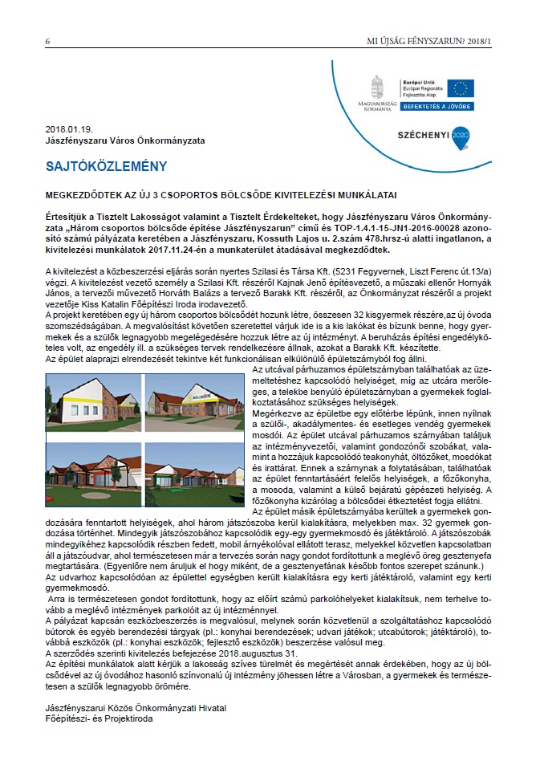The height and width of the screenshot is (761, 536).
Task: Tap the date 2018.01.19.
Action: tap(70, 128)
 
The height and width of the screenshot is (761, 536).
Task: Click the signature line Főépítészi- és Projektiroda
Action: tap(99, 718)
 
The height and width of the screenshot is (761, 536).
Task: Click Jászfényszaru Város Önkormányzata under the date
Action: tap(125, 140)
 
